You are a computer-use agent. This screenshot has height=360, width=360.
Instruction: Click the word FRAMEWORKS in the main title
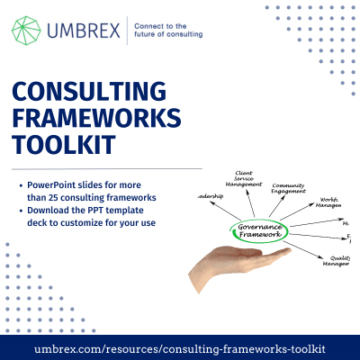click(96, 119)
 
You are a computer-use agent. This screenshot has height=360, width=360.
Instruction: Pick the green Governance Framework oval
click(259, 229)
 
